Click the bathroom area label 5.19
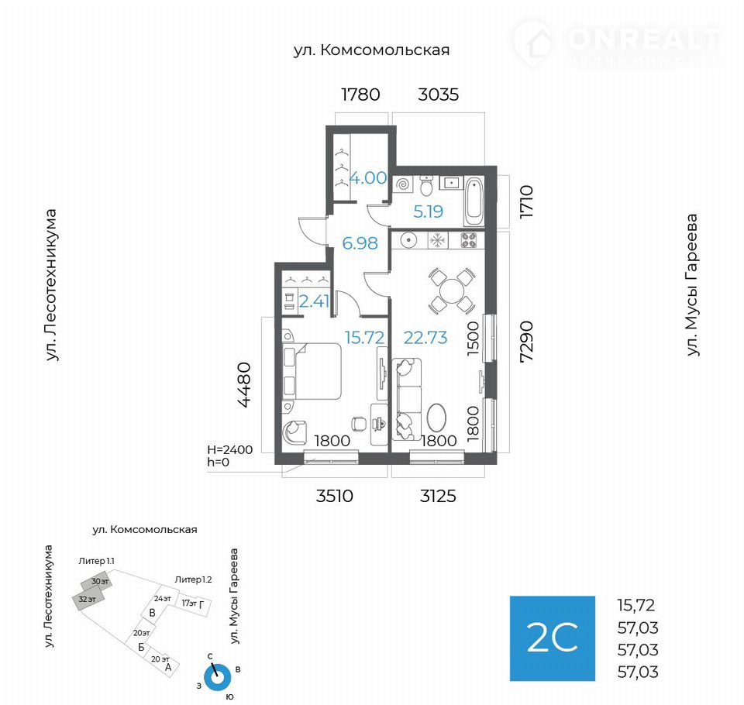[428, 211]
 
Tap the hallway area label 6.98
[360, 243]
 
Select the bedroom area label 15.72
[364, 337]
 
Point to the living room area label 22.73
[425, 337]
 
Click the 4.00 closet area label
[368, 178]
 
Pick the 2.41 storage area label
[314, 301]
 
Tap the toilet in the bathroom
[426, 185]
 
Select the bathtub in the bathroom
[474, 202]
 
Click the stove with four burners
[469, 240]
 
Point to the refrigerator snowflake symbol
[437, 240]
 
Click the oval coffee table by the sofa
[436, 418]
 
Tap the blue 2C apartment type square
[553, 638]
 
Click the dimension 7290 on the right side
[526, 342]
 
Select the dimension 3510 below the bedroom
[335, 496]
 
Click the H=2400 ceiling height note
[230, 449]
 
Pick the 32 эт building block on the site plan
[88, 599]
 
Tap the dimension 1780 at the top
[360, 95]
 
